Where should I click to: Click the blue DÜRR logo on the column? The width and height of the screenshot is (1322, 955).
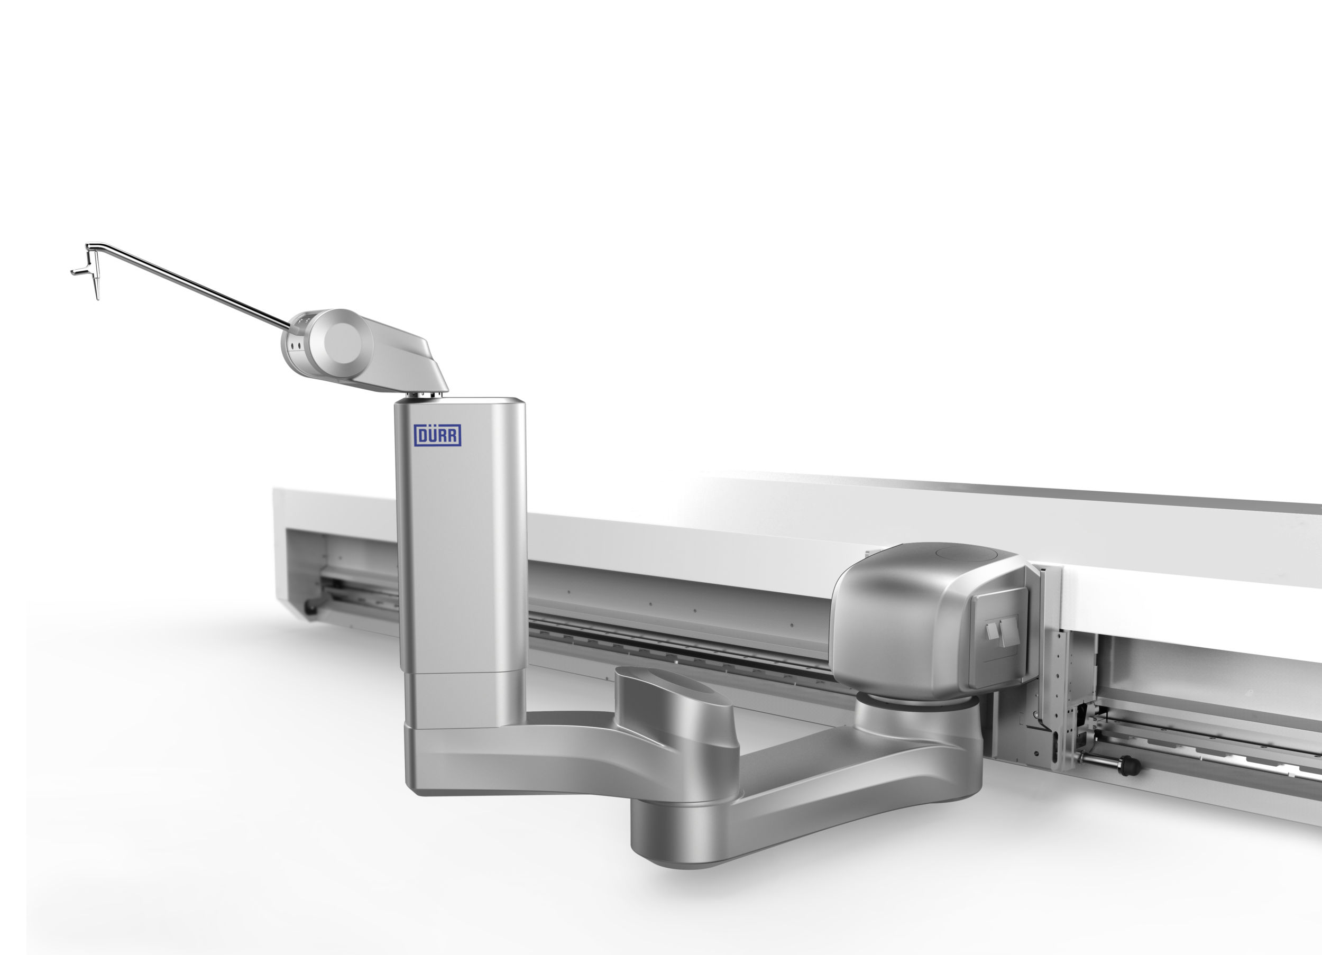coord(437,435)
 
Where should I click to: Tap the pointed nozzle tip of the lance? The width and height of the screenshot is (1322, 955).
coord(97,296)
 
